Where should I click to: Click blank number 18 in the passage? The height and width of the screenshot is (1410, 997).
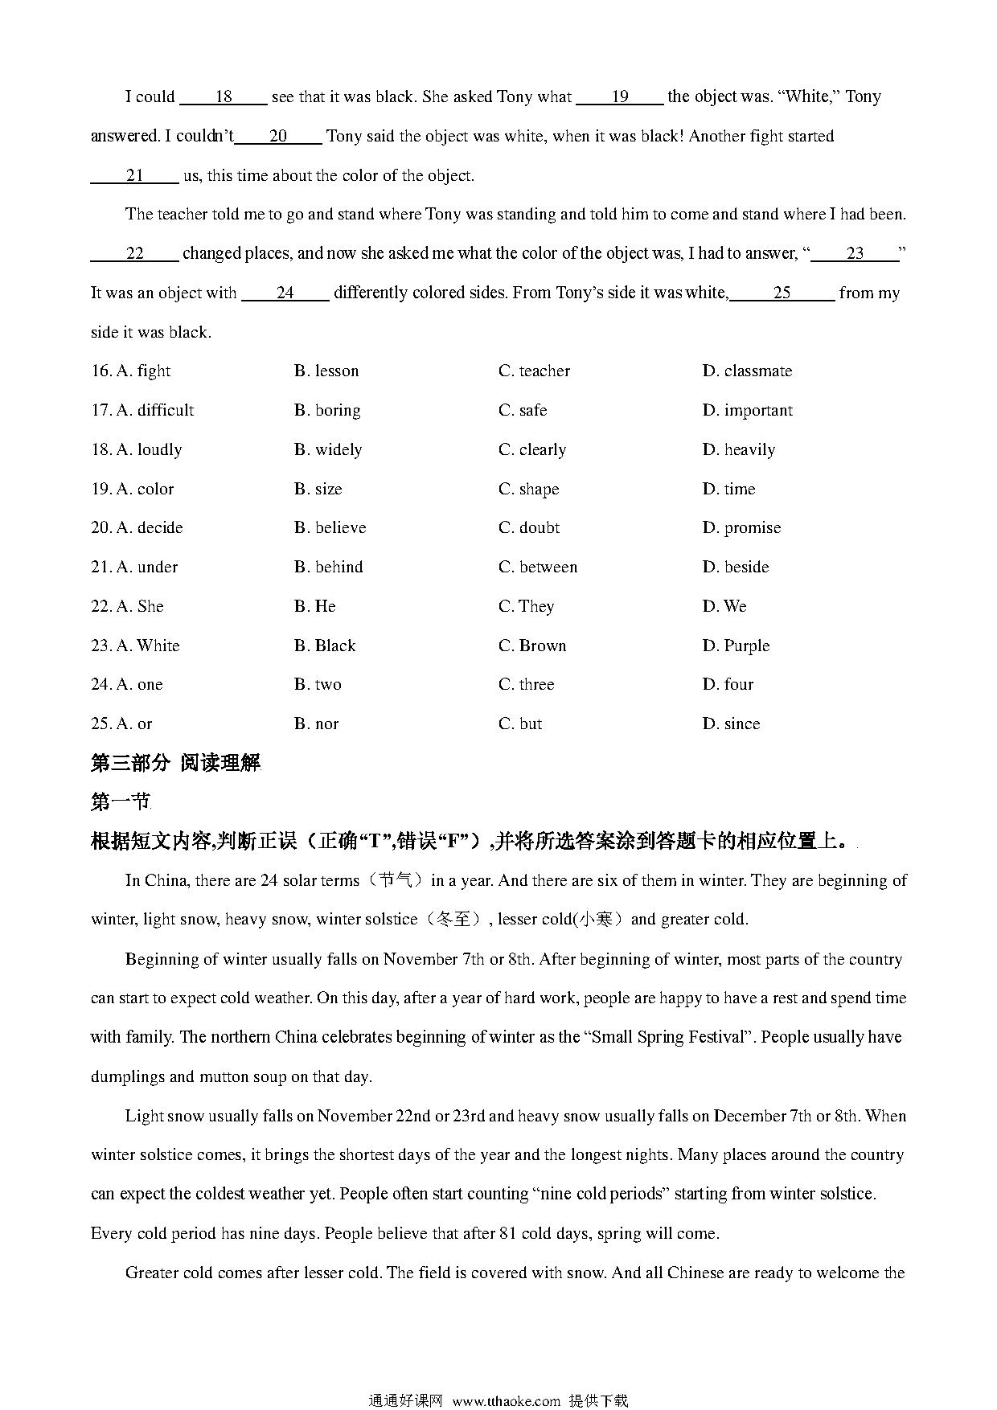[x=224, y=97]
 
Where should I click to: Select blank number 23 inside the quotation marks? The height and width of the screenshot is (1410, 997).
[x=855, y=254]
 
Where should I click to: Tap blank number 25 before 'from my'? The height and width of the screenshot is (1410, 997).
[x=782, y=293]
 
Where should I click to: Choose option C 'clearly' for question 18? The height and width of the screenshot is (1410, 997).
[x=532, y=449]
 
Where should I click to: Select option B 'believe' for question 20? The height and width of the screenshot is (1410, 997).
[x=330, y=528]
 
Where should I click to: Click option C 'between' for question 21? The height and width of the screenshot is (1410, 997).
[x=538, y=568]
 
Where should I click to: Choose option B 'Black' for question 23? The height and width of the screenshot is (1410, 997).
[x=325, y=646]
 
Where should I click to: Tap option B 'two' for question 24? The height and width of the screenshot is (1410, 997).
[x=318, y=685]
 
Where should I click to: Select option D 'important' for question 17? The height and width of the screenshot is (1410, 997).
[x=747, y=411]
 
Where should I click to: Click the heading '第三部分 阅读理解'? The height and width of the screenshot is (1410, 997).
[x=176, y=763]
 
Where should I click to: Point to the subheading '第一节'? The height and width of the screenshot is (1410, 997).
[x=121, y=802]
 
